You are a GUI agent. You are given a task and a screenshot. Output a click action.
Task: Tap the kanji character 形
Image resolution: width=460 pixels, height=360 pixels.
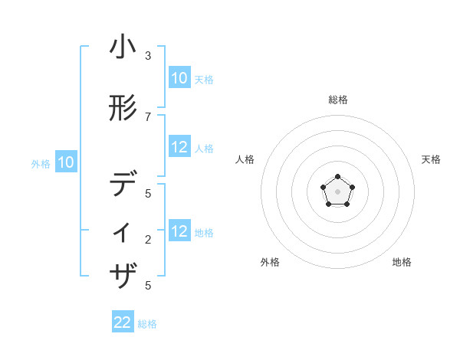123,109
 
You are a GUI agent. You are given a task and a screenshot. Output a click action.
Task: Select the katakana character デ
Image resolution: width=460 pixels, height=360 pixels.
123,185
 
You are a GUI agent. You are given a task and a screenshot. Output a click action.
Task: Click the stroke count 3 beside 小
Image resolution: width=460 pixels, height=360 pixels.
148,56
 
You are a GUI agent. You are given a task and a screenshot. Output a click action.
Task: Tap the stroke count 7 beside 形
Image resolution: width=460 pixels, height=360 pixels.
148,116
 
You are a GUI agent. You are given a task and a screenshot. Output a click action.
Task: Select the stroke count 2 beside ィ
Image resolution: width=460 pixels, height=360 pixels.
148,240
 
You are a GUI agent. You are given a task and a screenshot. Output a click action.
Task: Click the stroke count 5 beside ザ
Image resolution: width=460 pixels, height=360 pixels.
148,285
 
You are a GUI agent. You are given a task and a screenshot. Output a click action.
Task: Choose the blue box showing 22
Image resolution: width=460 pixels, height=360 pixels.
123,322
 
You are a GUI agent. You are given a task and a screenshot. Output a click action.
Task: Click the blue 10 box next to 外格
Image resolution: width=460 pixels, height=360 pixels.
65,162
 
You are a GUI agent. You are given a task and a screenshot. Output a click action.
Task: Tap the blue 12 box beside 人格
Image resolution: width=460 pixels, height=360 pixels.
179,147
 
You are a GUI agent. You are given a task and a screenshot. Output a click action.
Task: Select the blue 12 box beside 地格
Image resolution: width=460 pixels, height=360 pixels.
179,231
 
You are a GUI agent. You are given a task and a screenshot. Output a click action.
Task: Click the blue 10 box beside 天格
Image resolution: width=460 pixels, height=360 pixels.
179,77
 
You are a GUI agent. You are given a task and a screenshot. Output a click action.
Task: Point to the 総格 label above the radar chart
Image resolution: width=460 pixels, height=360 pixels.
338,100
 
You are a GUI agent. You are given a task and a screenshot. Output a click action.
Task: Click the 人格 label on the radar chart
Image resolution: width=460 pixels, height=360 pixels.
245,159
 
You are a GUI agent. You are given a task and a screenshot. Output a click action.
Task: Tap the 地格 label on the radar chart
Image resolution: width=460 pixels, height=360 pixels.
402,262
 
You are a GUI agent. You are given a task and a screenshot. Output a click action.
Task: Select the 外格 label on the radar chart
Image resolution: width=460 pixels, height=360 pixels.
270,262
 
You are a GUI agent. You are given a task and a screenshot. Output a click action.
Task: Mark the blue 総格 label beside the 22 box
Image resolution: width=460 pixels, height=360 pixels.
147,324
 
